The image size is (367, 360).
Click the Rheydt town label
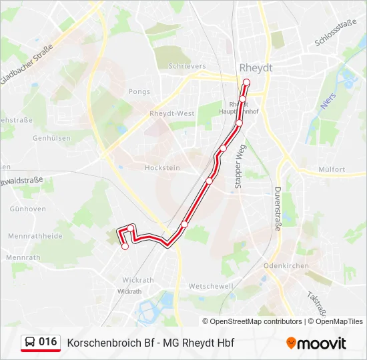pyautogui.click(x=256, y=68)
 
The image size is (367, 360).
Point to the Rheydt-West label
pyautogui.click(x=172, y=114)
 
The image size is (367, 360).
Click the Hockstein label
pyautogui.click(x=162, y=168)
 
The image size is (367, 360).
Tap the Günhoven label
pyautogui.click(x=27, y=209)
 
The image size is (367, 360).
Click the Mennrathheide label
pyautogui.click(x=35, y=236)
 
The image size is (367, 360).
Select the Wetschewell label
pyautogui.click(x=211, y=286)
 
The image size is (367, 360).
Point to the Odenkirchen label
pyautogui.click(x=286, y=265)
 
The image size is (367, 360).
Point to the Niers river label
pyautogui.click(x=326, y=105)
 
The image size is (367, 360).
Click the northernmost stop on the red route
pyautogui.click(x=246, y=83)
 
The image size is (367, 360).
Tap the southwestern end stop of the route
pyautogui.click(x=125, y=247)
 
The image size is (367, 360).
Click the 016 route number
pyautogui.click(x=47, y=342)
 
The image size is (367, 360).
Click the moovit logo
pyautogui.click(x=316, y=343)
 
